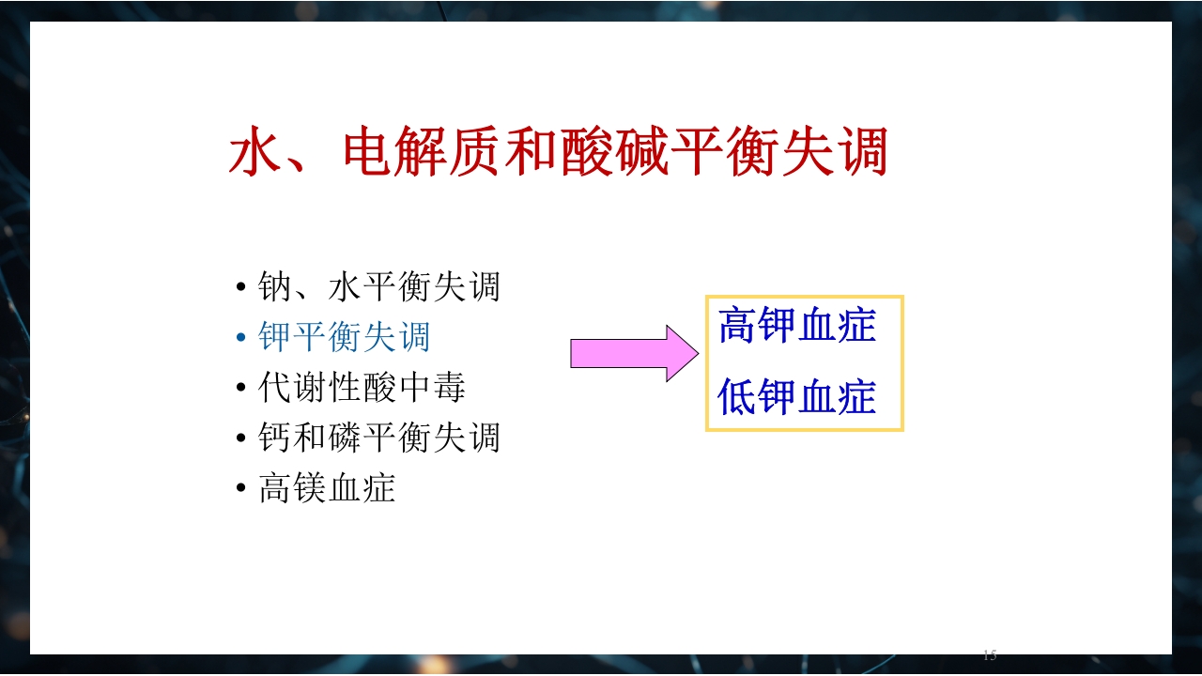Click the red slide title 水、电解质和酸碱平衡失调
558,153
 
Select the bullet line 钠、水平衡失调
378,286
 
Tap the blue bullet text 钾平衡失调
345,337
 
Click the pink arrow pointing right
635,353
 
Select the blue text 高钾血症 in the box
797,327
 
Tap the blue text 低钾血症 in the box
797,398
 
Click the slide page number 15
989,655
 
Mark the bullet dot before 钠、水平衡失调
241,287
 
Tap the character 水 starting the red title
255,153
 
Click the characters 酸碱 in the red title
615,153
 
